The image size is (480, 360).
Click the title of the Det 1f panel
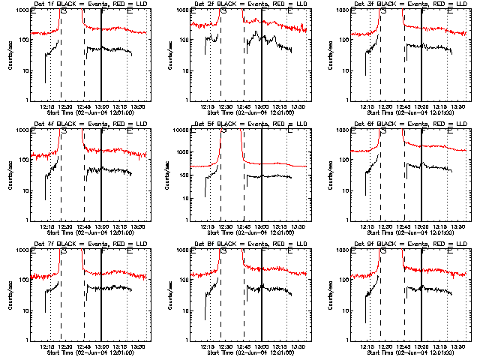pyautogui.click(x=91, y=4)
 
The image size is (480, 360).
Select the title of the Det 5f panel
pyautogui.click(x=250, y=124)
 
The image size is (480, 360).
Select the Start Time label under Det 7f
pyautogui.click(x=91, y=352)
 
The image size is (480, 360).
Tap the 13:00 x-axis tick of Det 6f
pyautogui.click(x=421, y=226)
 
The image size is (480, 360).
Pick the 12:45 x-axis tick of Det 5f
pyautogui.click(x=244, y=226)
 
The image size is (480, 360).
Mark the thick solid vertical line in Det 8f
pyautogui.click(x=261, y=300)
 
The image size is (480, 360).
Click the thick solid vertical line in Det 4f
pyautogui.click(x=101, y=180)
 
